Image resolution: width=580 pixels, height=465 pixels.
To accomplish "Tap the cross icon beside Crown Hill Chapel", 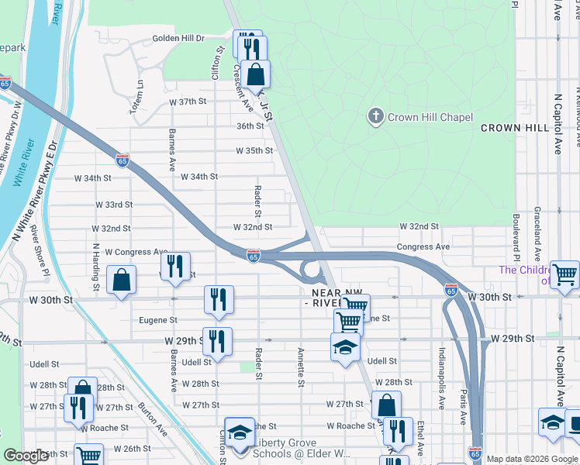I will (x=375, y=117).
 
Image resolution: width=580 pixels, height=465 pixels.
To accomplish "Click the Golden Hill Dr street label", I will (x=178, y=38).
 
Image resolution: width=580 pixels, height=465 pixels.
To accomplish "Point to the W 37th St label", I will (x=188, y=102).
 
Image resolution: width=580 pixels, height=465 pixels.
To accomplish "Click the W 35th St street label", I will (x=254, y=150).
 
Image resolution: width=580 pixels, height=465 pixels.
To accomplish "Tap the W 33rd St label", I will (x=114, y=205).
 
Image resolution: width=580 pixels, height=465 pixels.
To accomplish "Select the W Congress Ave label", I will (x=136, y=252).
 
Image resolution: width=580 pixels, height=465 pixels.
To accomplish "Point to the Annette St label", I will (x=300, y=367).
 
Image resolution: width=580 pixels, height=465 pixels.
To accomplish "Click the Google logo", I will (x=26, y=456).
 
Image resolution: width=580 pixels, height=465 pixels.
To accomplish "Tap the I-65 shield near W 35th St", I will (x=123, y=160).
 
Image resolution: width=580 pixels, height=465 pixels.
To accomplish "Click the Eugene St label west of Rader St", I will (x=158, y=319).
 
